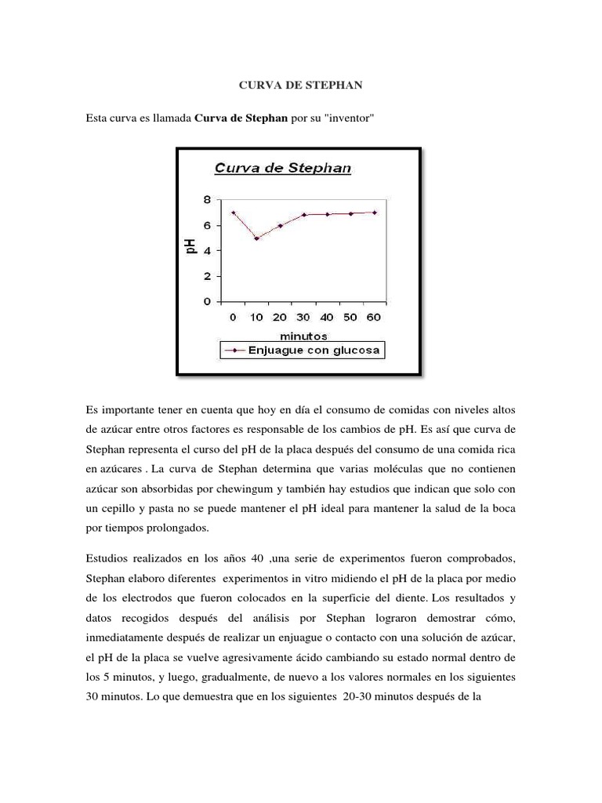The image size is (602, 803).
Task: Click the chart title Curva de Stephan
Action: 283,167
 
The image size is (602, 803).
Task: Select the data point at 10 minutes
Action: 256,238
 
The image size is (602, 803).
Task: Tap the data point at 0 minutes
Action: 233,213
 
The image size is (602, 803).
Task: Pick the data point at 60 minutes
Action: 374,213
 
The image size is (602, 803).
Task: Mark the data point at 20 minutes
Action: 280,226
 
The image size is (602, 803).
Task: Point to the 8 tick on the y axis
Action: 207,199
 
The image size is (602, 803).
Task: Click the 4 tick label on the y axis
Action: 207,250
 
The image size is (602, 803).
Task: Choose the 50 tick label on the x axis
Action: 350,318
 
